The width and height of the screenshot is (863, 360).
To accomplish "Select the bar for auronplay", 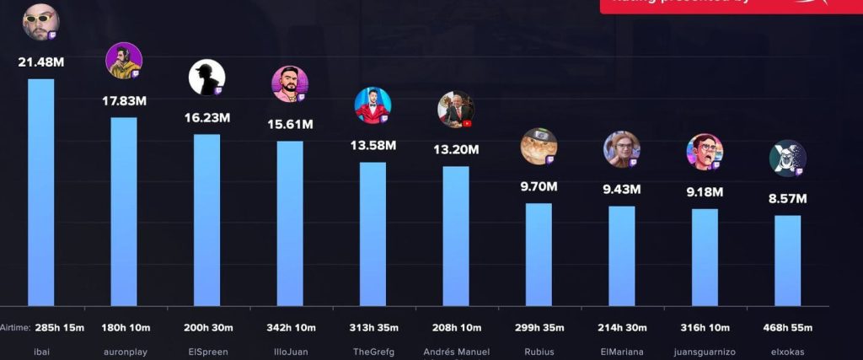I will (124, 211).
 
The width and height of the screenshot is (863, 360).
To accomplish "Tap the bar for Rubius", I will (539, 254).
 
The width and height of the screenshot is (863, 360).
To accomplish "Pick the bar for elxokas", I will (787, 261).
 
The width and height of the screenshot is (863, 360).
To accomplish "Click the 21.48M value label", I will (41, 62).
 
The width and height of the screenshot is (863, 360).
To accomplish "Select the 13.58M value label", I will (373, 145).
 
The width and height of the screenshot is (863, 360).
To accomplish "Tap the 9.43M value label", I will (621, 189).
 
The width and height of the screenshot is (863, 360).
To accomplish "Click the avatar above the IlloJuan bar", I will (289, 83).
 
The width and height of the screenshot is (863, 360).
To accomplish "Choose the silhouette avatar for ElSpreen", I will (206, 77).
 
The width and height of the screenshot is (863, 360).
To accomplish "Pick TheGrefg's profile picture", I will (372, 105).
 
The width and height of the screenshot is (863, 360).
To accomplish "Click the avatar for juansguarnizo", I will (704, 152).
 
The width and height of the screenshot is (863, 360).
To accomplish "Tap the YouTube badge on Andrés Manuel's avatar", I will (467, 122).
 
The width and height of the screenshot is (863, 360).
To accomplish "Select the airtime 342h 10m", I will (289, 328).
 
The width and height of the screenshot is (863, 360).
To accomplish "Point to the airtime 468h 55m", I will (787, 328).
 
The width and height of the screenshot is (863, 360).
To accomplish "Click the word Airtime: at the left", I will (15, 328).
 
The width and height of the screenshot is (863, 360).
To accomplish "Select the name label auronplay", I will (124, 352).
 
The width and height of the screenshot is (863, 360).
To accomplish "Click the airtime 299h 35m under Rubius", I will (539, 328).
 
